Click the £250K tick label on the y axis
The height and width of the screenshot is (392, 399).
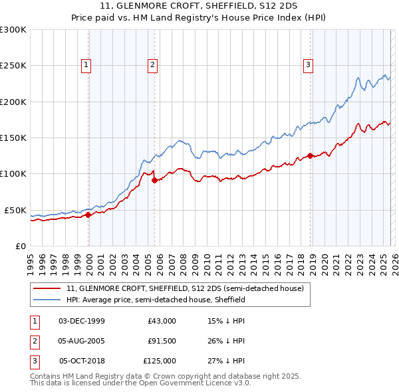pyautogui.click(x=13, y=66)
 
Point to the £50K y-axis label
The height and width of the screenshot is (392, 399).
pyautogui.click(x=15, y=210)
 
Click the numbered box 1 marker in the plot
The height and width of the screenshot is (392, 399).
pyautogui.click(x=87, y=64)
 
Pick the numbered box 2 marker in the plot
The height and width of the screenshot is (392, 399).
pyautogui.click(x=152, y=64)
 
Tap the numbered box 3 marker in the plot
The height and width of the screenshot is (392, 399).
pyautogui.click(x=309, y=64)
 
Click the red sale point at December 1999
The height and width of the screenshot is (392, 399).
pyautogui.click(x=88, y=215)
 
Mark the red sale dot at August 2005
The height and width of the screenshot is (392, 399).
pyautogui.click(x=154, y=180)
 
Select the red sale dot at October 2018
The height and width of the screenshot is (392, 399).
pyautogui.click(x=310, y=156)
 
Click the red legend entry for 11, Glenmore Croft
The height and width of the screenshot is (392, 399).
pyautogui.click(x=185, y=288)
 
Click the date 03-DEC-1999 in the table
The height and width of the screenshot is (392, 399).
pyautogui.click(x=82, y=321)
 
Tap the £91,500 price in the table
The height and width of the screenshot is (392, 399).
pyautogui.click(x=162, y=341)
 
